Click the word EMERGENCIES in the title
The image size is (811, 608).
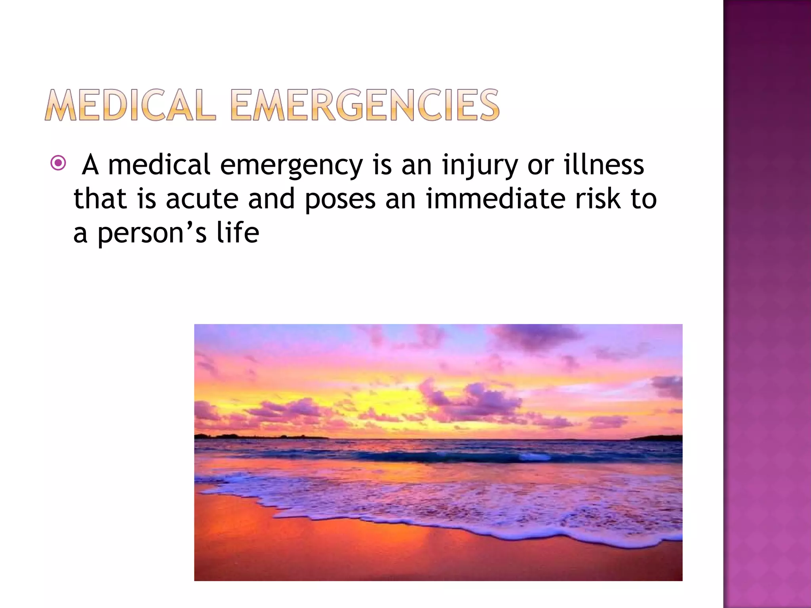pyautogui.click(x=364, y=105)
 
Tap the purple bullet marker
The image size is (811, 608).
pyautogui.click(x=58, y=163)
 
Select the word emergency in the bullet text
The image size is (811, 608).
pyautogui.click(x=291, y=165)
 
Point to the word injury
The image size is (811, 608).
pyautogui.click(x=480, y=165)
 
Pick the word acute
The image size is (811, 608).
pyautogui.click(x=202, y=199)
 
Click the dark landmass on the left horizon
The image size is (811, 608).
pyautogui.click(x=257, y=437)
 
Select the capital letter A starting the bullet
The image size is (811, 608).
pyautogui.click(x=90, y=165)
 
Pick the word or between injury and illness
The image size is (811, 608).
pyautogui.click(x=540, y=165)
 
